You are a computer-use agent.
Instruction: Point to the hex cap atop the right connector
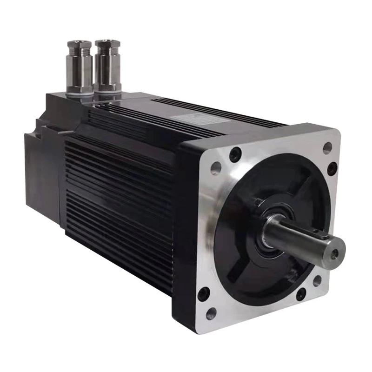(x=107, y=45)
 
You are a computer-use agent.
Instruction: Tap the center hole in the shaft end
(x=335, y=254)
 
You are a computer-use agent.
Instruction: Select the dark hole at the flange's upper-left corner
(x=235, y=154)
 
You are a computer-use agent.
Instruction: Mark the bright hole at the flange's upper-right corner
(x=327, y=148)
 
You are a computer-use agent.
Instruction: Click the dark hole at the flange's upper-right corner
(x=332, y=168)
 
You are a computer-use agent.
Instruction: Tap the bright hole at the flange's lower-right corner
(x=317, y=281)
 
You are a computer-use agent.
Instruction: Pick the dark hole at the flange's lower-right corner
(x=301, y=294)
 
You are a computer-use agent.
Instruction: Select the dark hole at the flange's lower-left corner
(x=203, y=294)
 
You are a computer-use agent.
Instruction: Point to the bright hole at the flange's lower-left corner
(x=212, y=314)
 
